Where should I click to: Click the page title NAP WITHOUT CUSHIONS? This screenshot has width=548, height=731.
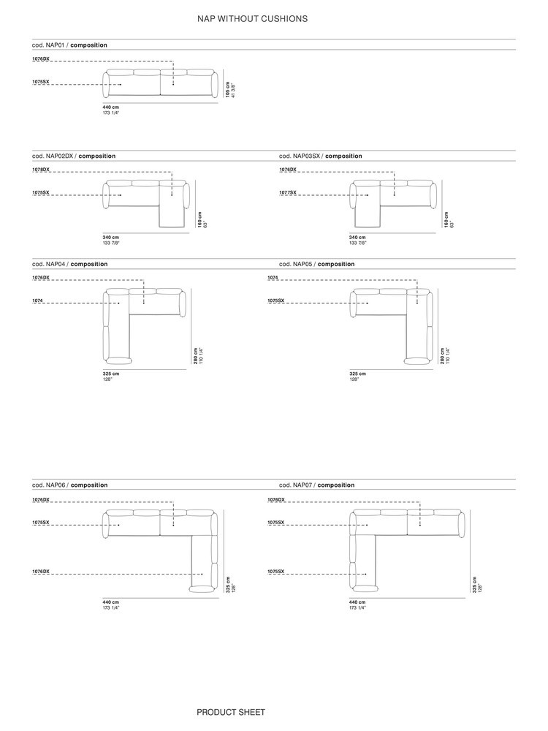(252, 19)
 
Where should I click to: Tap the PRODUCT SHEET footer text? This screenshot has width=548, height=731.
(231, 712)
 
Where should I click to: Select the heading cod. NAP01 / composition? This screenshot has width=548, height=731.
(69, 45)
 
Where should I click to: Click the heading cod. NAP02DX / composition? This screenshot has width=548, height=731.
(74, 156)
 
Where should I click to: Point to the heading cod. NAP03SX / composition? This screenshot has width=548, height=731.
(321, 156)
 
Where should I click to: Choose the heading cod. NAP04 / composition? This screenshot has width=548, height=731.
(70, 265)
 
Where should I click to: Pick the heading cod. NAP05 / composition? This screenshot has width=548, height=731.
(317, 265)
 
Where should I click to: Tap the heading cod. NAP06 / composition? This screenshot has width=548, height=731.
(70, 485)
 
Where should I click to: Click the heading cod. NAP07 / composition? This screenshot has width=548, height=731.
(317, 485)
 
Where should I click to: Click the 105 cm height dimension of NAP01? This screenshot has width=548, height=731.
(227, 89)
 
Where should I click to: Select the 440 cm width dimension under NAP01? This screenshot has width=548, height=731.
(111, 107)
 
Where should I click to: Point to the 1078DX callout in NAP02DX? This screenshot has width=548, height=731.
(40, 170)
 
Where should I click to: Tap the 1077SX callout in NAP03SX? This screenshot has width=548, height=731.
(287, 192)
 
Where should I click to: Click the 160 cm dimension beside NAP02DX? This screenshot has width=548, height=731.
(200, 220)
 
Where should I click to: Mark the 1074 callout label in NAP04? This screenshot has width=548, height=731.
(37, 300)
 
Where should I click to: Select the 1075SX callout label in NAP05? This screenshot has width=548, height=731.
(276, 300)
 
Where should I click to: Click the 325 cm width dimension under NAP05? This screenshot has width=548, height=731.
(358, 374)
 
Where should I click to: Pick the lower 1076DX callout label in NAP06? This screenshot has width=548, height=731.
(40, 572)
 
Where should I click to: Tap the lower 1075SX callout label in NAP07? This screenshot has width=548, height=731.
(276, 572)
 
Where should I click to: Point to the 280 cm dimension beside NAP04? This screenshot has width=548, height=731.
(196, 356)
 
